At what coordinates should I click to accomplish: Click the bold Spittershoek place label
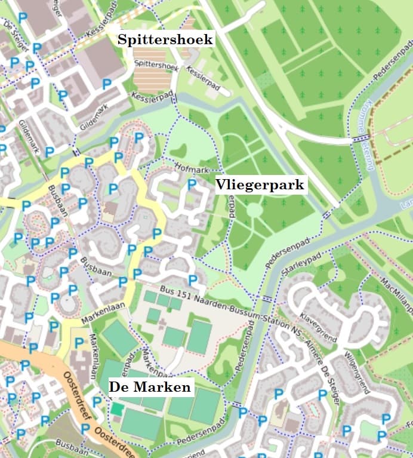pyautogui.click(x=165, y=39)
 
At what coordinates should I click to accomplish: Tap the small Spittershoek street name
pyautogui.click(x=156, y=64)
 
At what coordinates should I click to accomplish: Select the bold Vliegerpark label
pyautogui.click(x=261, y=185)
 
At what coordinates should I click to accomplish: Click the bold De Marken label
pyautogui.click(x=150, y=387)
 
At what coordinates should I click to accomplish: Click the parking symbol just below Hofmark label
pyautogui.click(x=192, y=185)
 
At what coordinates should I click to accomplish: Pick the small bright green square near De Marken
pyautogui.click(x=118, y=410)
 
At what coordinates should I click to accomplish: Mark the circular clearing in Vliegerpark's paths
pyautogui.click(x=254, y=210)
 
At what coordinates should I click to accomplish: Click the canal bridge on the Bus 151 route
pyautogui.click(x=267, y=299)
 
